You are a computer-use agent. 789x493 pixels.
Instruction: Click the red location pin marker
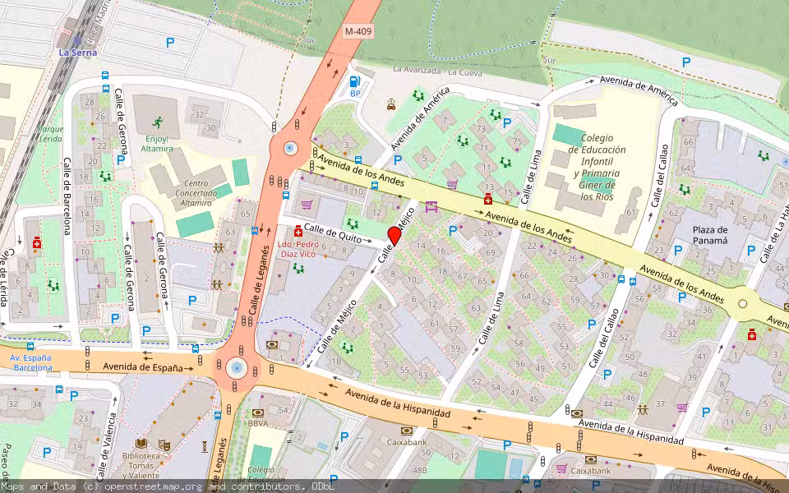pos(394,236)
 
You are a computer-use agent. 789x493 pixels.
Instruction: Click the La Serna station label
pos(77,53)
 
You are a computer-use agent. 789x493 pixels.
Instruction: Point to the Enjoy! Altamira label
pos(156,145)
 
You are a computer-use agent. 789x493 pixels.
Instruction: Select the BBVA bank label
pos(259,423)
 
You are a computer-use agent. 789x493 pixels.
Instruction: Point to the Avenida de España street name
pos(142,367)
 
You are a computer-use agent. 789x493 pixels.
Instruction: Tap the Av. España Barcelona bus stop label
pos(30,362)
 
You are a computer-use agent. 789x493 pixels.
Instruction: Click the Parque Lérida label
pos(50,134)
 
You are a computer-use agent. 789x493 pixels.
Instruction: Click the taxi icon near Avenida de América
pos(391,104)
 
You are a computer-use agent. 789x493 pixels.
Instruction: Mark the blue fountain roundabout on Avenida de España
pos(237,367)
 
